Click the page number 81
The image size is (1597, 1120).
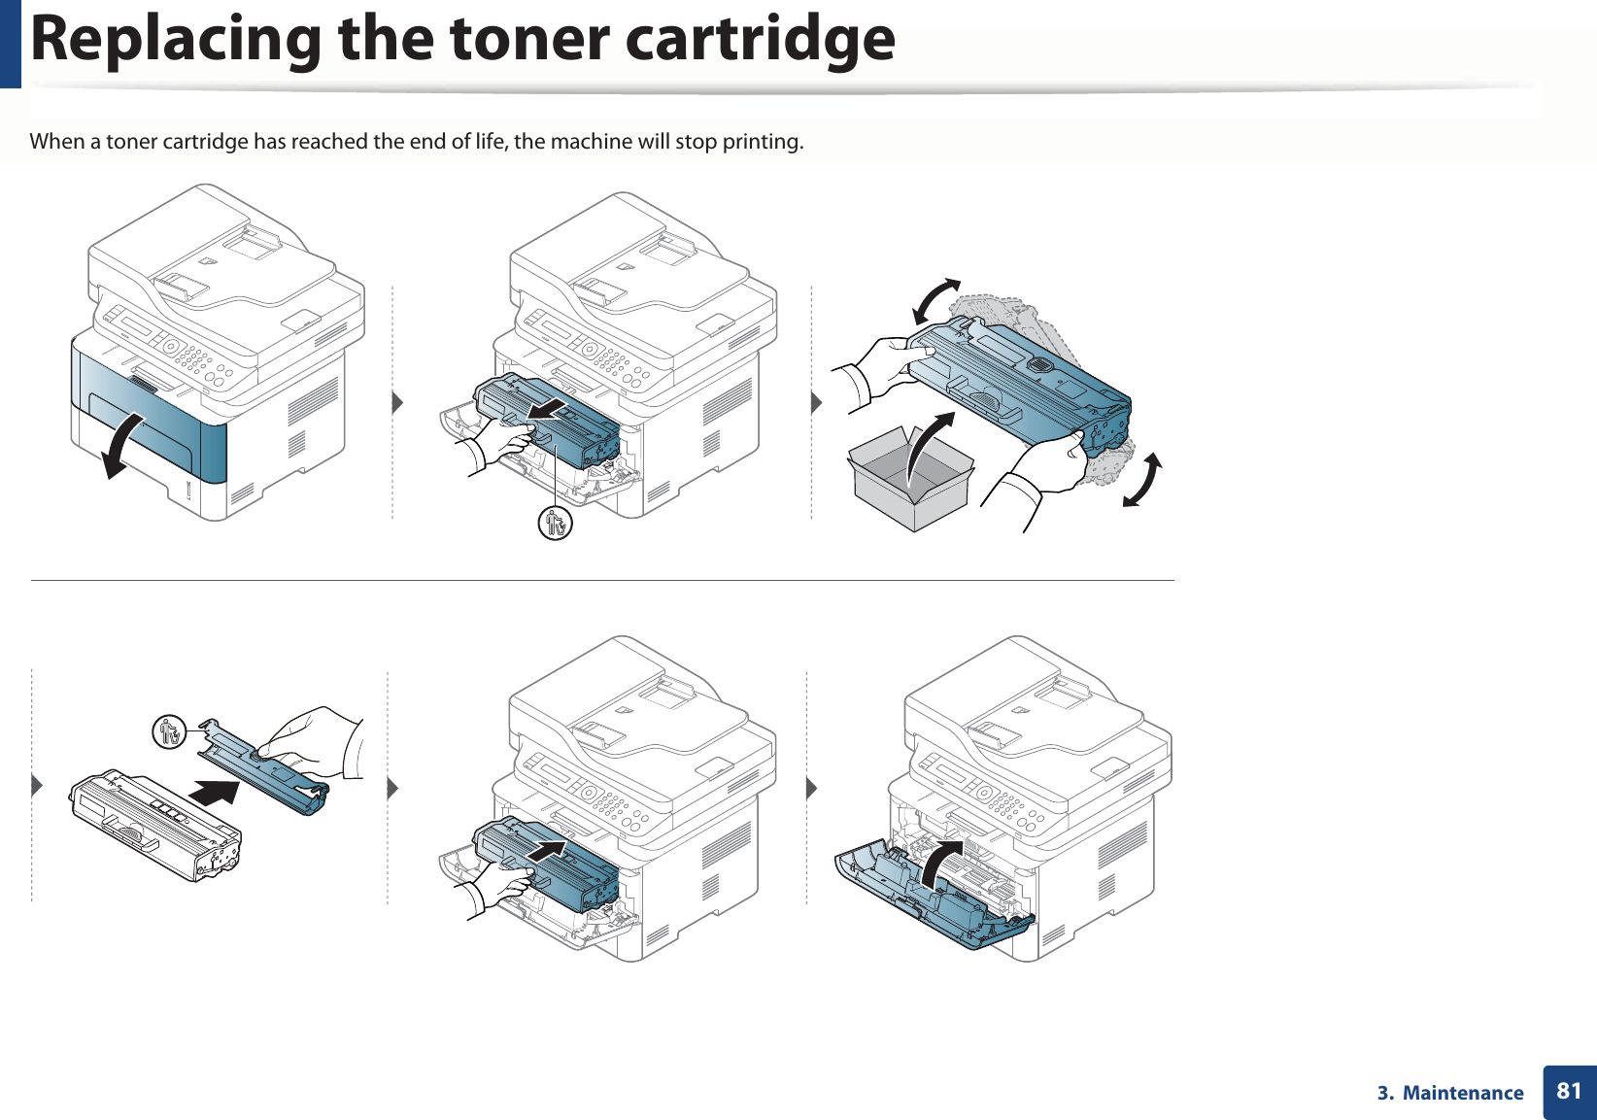click(x=1569, y=1091)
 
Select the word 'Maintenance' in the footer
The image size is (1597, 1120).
click(x=1463, y=1093)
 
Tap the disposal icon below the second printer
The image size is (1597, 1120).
click(x=556, y=524)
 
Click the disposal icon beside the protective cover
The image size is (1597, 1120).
click(x=170, y=731)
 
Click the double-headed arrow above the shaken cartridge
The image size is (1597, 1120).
click(x=935, y=301)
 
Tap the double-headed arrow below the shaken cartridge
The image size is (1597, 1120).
click(x=1142, y=480)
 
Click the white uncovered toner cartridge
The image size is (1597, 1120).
click(x=155, y=824)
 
